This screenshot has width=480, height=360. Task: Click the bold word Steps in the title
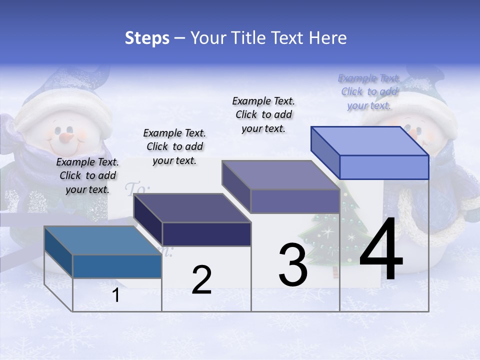[x=147, y=38]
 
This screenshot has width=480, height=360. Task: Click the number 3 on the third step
[x=293, y=265]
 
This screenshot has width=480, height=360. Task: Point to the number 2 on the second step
[x=201, y=279]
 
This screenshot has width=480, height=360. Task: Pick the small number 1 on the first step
[x=116, y=295]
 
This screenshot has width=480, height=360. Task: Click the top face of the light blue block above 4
[x=370, y=141]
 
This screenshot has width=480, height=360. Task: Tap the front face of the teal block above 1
[x=117, y=266]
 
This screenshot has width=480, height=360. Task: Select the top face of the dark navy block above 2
[x=192, y=208]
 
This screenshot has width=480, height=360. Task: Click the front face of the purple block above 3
[x=295, y=201]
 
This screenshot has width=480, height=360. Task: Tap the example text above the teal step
[x=87, y=175]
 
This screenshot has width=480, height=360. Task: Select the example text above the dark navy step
[x=174, y=146]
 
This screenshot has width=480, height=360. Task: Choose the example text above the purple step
[x=263, y=114]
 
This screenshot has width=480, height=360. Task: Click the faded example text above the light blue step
[x=369, y=91]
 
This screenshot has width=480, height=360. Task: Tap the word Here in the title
[x=328, y=38]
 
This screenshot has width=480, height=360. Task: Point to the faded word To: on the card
[x=137, y=189]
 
